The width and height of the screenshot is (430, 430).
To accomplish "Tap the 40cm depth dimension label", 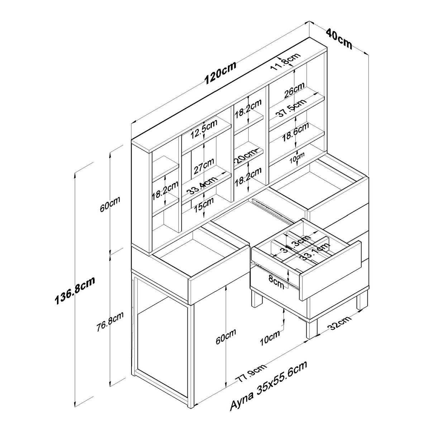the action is [x=339, y=38].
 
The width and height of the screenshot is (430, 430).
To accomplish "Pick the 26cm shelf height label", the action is [x=295, y=90].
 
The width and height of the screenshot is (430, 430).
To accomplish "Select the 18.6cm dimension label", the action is [x=296, y=132].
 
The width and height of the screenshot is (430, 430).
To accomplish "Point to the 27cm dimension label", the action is [x=204, y=166].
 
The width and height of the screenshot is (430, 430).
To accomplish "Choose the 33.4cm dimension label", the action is [x=202, y=186].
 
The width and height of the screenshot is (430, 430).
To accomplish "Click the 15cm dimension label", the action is [x=204, y=204].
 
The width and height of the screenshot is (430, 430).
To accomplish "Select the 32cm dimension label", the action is [x=339, y=325].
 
